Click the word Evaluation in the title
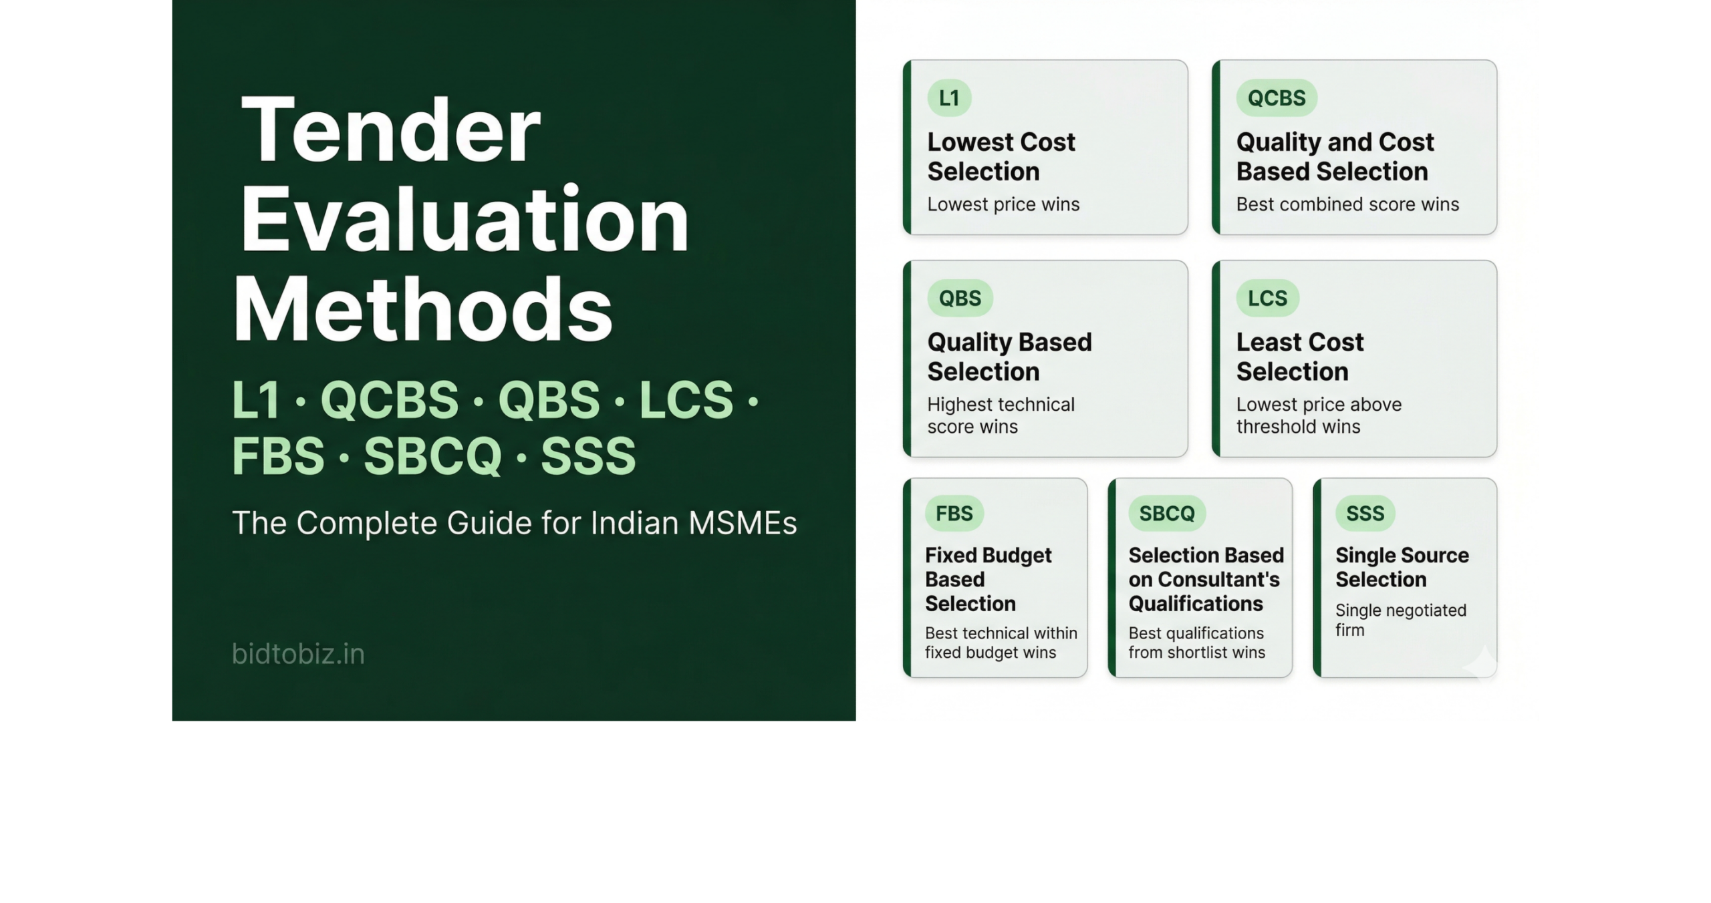[x=464, y=219]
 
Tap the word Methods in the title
[x=422, y=309]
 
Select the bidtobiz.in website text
[x=298, y=654]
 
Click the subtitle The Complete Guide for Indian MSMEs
[x=515, y=523]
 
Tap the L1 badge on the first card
[x=949, y=98]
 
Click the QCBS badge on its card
[x=1277, y=98]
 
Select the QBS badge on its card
[x=960, y=298]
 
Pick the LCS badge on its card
[x=1267, y=298]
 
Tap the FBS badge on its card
[x=954, y=513]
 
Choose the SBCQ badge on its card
[x=1167, y=513]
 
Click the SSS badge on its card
[x=1365, y=513]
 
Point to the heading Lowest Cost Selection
[x=1001, y=157]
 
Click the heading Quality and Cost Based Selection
[x=1335, y=157]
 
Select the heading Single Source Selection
[x=1402, y=567]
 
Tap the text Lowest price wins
[x=1003, y=204]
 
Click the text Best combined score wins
[x=1347, y=204]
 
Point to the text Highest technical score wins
[x=1001, y=415]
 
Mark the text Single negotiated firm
[x=1401, y=620]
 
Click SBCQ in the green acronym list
[x=432, y=456]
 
